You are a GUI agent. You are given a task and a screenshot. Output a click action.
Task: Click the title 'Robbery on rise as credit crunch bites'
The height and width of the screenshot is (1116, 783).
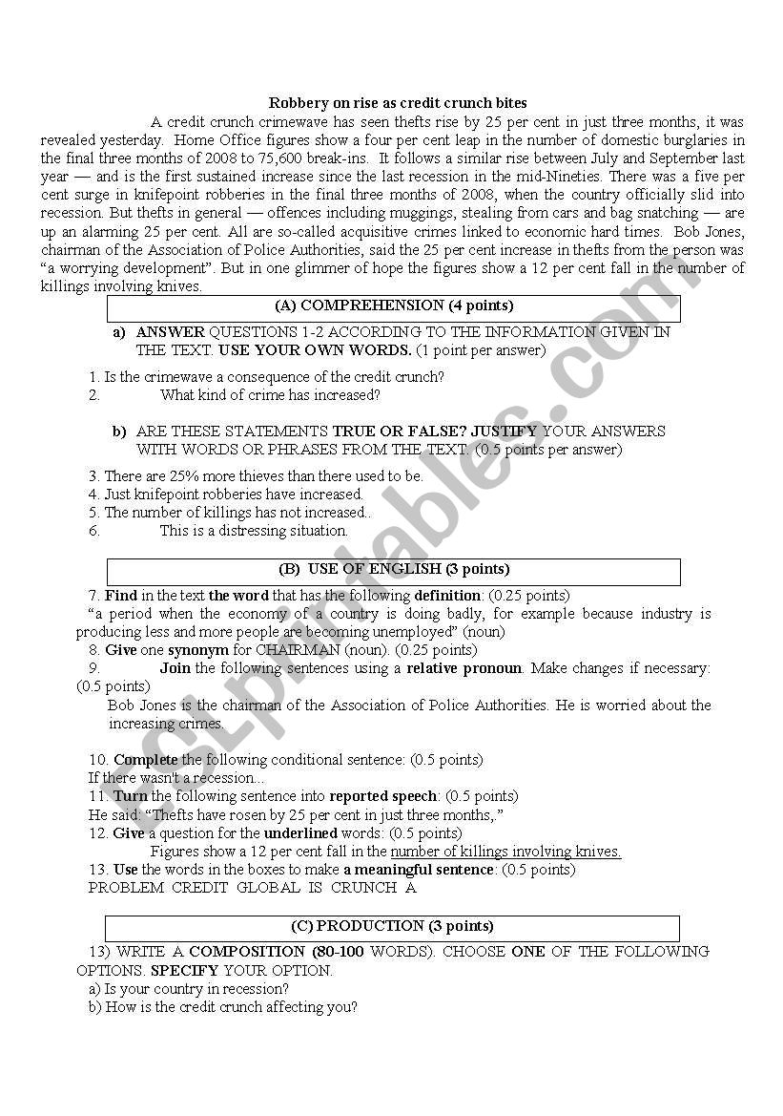click(x=397, y=103)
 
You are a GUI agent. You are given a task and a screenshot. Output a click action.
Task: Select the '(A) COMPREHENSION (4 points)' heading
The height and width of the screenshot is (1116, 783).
click(x=393, y=306)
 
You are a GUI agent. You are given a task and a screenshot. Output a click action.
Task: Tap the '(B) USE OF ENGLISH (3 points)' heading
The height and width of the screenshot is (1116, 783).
click(x=393, y=570)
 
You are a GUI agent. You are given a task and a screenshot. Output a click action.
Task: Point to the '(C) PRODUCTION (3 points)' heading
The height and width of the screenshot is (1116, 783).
click(x=392, y=926)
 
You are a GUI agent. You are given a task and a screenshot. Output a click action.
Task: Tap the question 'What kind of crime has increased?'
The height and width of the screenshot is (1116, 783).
click(x=270, y=395)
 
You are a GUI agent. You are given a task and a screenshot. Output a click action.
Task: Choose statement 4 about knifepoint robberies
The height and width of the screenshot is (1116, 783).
click(x=232, y=495)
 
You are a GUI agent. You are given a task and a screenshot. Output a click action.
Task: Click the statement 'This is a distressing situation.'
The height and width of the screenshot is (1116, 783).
click(x=254, y=531)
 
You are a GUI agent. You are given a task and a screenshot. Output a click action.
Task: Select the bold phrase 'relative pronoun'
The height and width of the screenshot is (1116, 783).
click(x=464, y=668)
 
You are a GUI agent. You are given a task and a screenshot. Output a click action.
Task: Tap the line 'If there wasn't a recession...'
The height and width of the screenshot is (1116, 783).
click(x=176, y=778)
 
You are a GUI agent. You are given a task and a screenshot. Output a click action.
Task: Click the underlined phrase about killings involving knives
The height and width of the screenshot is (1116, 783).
click(x=505, y=852)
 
